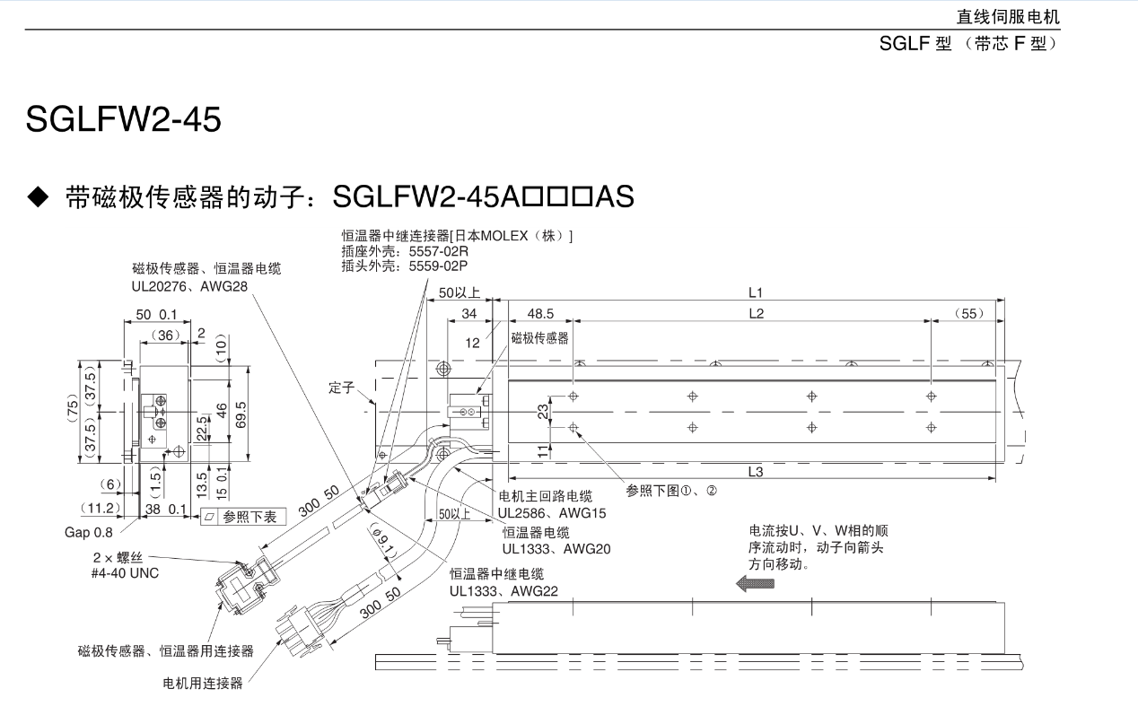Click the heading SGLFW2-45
click(x=124, y=119)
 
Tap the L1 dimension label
click(x=755, y=292)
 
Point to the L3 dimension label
click(x=755, y=472)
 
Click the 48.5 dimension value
click(x=540, y=313)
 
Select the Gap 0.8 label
click(x=89, y=532)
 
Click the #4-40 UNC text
click(x=125, y=572)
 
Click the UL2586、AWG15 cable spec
click(x=552, y=513)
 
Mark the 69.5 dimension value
click(x=241, y=414)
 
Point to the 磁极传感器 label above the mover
click(x=539, y=338)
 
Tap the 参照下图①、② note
click(x=670, y=491)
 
